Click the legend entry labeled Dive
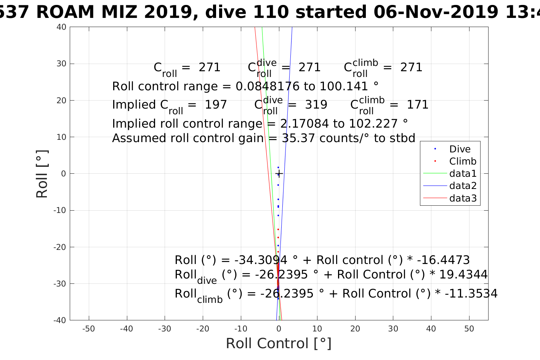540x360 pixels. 460,149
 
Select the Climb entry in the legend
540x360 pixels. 463,161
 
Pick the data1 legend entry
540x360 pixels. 463,174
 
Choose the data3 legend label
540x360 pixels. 463,198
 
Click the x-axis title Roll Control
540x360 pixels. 279,343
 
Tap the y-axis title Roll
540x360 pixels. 42,174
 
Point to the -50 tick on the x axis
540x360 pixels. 89,329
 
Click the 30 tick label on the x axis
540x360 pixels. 393,329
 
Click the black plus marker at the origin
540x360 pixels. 279,174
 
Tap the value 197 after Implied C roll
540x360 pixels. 216,104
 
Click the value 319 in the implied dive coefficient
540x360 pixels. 316,104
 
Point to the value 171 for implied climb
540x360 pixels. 418,104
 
